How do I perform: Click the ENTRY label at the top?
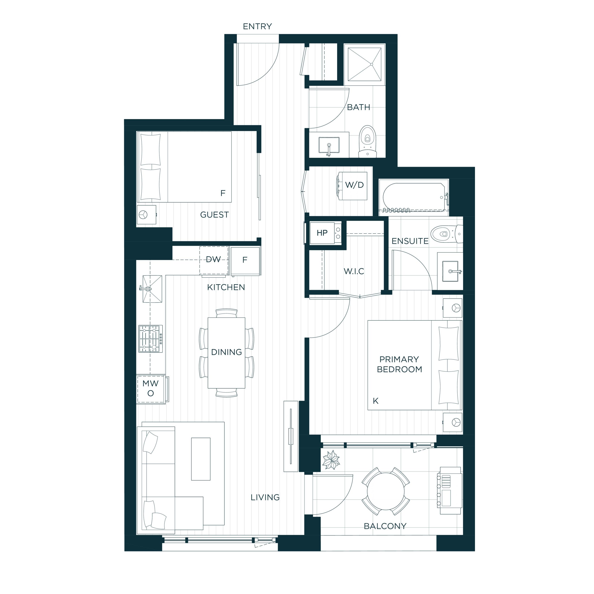(x=257, y=26)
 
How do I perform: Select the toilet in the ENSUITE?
(x=446, y=234)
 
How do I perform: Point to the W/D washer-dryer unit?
(x=352, y=186)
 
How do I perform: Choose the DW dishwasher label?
(x=213, y=259)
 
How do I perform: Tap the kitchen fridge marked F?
(x=245, y=261)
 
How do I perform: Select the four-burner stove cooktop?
(x=150, y=339)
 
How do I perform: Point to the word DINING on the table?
(x=227, y=352)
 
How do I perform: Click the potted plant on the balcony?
(x=331, y=460)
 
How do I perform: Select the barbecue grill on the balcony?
(x=449, y=491)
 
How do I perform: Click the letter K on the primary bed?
(x=375, y=401)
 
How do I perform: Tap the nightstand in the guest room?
(x=146, y=215)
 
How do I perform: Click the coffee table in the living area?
(x=201, y=459)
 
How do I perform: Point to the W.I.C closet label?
(x=354, y=271)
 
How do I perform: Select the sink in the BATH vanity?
(x=329, y=145)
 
